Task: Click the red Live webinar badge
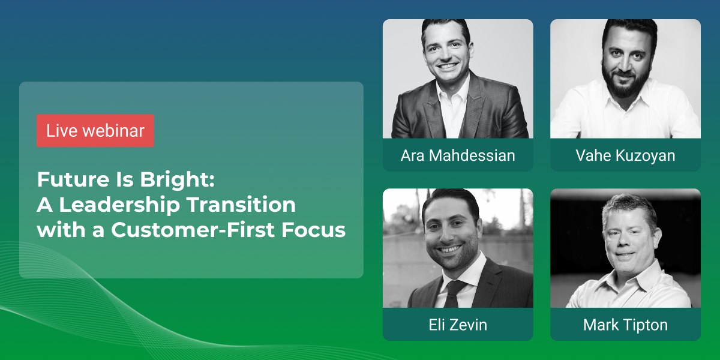95,131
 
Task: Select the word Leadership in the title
119,205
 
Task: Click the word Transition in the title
241,205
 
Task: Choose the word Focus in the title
313,230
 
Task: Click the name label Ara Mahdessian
458,155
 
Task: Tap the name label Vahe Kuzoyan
625,155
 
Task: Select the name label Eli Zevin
458,325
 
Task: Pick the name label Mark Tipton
625,325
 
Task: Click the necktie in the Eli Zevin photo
454,293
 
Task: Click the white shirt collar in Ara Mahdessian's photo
454,93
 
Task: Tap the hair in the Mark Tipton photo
628,209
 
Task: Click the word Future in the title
73,179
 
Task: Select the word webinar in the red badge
113,131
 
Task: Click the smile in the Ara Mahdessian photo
448,66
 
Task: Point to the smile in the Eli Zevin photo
450,249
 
